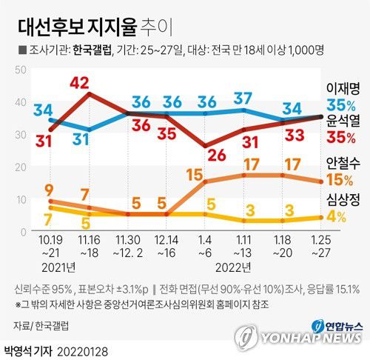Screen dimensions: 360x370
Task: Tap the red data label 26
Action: [217, 155]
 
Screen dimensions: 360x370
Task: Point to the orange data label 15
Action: [217, 174]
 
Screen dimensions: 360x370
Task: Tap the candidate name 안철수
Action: [344, 163]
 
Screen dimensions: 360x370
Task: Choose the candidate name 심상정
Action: [344, 199]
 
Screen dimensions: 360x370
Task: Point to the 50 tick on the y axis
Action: [20, 69]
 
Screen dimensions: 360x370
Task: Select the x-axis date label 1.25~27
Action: [320, 247]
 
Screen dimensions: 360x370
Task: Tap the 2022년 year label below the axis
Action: [235, 265]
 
